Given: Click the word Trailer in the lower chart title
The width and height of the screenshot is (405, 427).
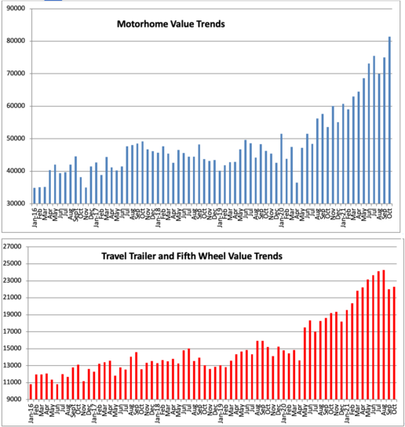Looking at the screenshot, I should pyautogui.click(x=162, y=255).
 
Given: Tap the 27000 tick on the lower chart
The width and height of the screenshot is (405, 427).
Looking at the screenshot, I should pyautogui.click(x=13, y=246).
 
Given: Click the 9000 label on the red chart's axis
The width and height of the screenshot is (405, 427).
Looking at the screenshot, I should pyautogui.click(x=15, y=400).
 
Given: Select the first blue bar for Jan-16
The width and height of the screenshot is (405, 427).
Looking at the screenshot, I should pyautogui.click(x=34, y=195).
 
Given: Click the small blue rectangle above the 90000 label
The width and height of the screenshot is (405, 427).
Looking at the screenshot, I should pyautogui.click(x=53, y=2).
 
